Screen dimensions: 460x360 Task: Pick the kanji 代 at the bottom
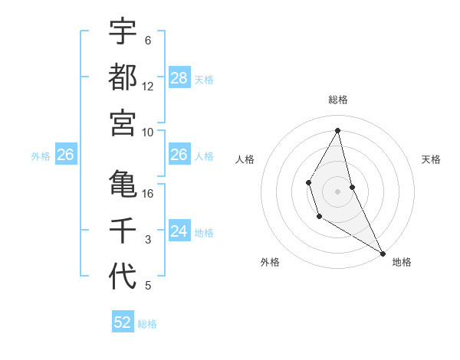123,276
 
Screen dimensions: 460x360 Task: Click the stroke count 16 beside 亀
148,194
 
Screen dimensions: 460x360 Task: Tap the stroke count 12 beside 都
148,87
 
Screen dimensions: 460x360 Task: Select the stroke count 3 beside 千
148,240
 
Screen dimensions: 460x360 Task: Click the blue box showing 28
179,78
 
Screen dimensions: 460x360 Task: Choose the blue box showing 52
123,322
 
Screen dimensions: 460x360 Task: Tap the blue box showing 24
179,231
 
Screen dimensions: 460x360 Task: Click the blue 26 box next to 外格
66,155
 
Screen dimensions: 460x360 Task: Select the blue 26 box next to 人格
179,155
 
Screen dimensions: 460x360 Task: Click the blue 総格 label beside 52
147,323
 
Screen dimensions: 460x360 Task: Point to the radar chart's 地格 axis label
402,262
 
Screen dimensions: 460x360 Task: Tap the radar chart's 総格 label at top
337,100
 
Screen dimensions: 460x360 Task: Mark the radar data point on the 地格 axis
383,253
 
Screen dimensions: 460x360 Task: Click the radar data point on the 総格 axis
337,130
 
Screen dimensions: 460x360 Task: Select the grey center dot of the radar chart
337,190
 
